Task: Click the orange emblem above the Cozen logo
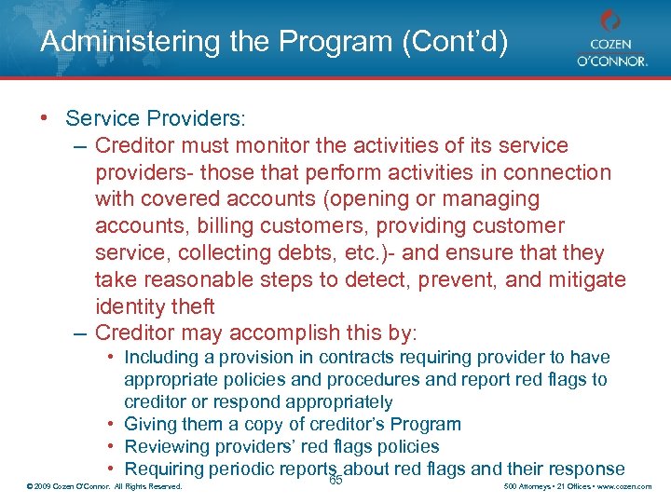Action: click(609, 20)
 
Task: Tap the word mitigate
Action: click(580, 279)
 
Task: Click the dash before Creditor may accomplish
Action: click(80, 333)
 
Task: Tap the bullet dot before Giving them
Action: click(111, 425)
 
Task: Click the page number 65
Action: click(336, 480)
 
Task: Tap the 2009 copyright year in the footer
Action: click(43, 487)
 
